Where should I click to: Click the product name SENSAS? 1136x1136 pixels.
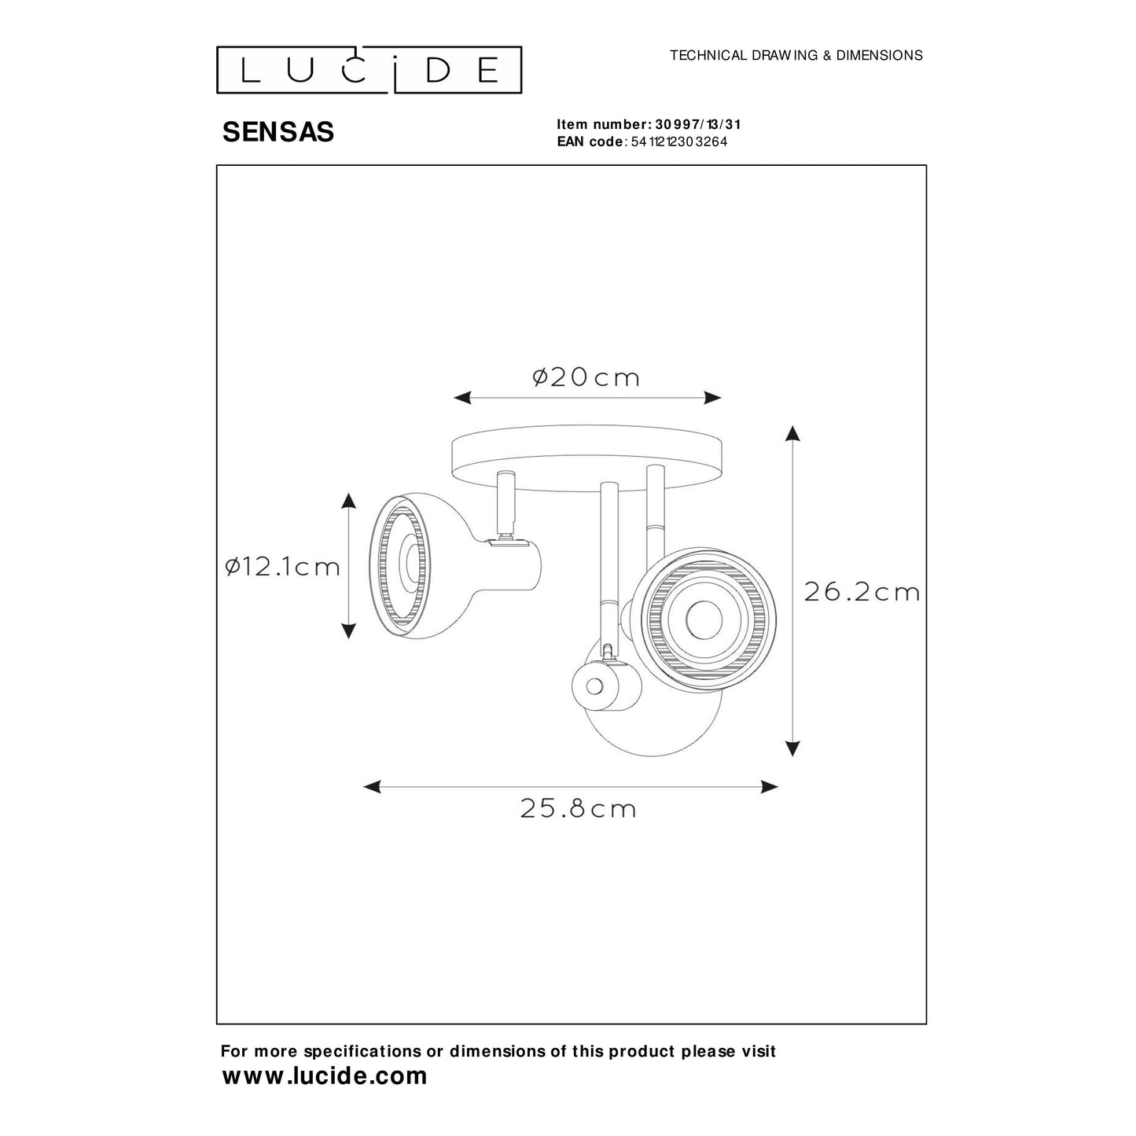278,132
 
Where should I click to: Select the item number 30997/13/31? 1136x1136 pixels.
697,124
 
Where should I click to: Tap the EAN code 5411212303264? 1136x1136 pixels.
679,142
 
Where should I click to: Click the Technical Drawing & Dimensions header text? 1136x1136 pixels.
796,55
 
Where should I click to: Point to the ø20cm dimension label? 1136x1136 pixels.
586,378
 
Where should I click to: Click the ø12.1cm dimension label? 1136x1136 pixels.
282,566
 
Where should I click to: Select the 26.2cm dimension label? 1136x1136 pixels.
862,592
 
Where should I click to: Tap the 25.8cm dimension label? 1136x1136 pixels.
578,808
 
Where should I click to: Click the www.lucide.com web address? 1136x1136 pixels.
325,1075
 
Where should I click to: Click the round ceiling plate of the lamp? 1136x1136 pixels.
588,458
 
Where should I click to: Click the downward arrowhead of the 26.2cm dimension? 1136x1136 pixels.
793,748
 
